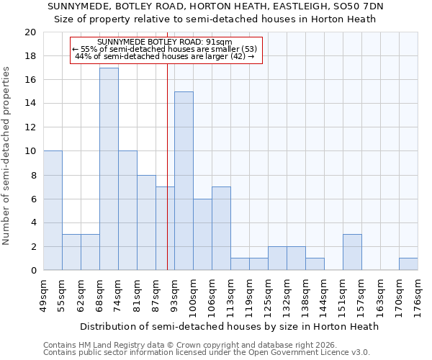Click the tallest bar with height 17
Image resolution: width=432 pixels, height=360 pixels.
coord(109,169)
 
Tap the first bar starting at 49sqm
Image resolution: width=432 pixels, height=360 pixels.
coord(53,210)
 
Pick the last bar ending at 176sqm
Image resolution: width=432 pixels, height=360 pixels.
coord(408,264)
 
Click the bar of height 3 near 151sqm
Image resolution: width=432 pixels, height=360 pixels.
coord(352,252)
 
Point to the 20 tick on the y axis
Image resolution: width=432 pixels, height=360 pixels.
coord(30,32)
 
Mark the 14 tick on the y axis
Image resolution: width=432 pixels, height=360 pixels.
coord(30,104)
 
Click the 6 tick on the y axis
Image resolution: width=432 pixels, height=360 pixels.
coord(32,199)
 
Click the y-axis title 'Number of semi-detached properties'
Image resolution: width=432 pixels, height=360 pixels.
coord(6,156)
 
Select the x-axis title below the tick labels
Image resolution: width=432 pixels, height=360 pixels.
coord(229,326)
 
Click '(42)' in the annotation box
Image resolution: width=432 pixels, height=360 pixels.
coord(237,56)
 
